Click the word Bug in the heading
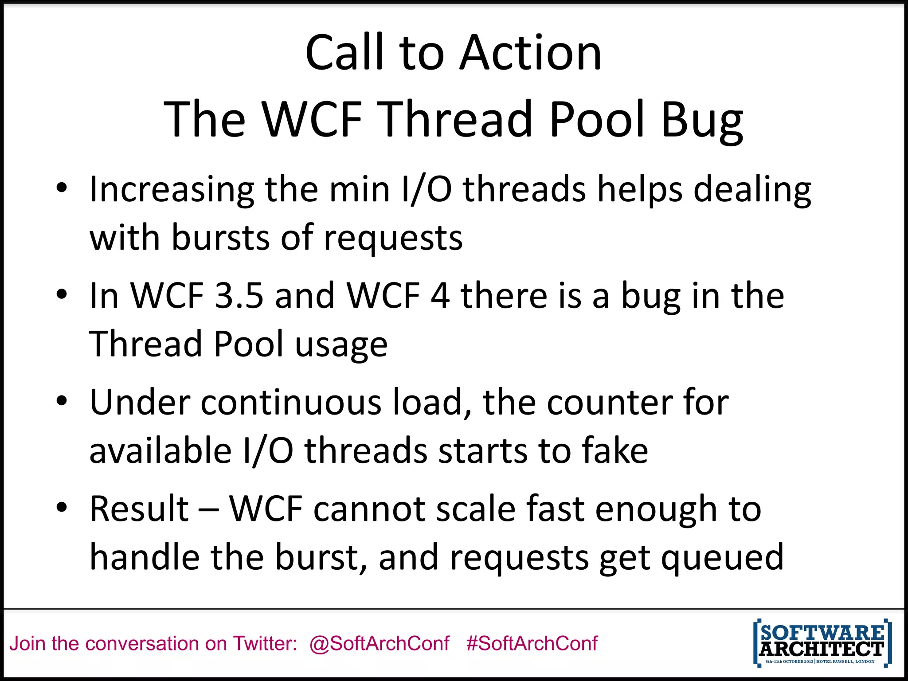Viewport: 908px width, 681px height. tap(702, 120)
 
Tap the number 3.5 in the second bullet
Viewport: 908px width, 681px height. tap(239, 296)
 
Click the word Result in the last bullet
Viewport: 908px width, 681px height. tap(139, 509)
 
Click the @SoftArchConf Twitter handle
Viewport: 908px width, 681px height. tap(380, 643)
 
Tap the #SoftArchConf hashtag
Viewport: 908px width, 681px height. tap(532, 643)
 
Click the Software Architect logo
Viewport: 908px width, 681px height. tap(822, 643)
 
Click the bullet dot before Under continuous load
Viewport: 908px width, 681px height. tap(62, 401)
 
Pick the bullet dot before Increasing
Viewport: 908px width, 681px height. tap(62, 188)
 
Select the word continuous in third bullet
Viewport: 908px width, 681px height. tap(291, 402)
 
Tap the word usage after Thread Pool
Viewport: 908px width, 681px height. tap(341, 345)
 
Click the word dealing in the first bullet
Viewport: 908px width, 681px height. tap(752, 190)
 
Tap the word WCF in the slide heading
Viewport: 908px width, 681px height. tap(312, 120)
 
